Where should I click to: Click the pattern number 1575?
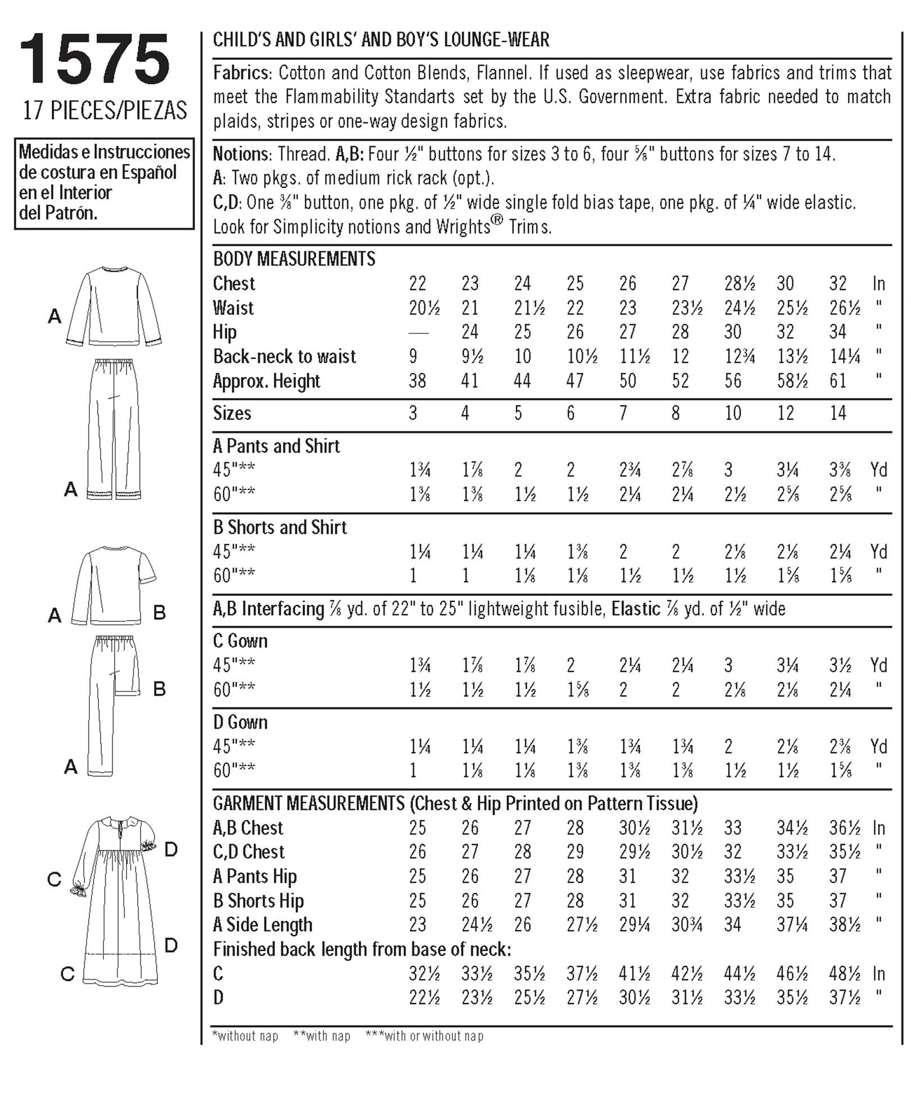tap(94, 60)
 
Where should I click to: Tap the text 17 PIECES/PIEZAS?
tap(105, 110)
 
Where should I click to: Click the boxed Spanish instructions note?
tap(105, 183)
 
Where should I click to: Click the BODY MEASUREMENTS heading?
tap(294, 259)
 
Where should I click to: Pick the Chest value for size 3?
tap(417, 283)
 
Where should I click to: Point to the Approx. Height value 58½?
tap(792, 381)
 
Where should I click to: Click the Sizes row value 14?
tap(838, 413)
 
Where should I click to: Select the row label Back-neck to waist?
tap(285, 356)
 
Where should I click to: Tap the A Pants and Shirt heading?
tap(276, 446)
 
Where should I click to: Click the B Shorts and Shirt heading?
tap(280, 527)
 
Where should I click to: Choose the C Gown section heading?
tap(240, 641)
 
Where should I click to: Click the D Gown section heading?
tap(240, 722)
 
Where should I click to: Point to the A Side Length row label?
tap(263, 925)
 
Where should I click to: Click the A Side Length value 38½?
tap(844, 925)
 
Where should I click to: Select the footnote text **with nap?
tap(322, 1036)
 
